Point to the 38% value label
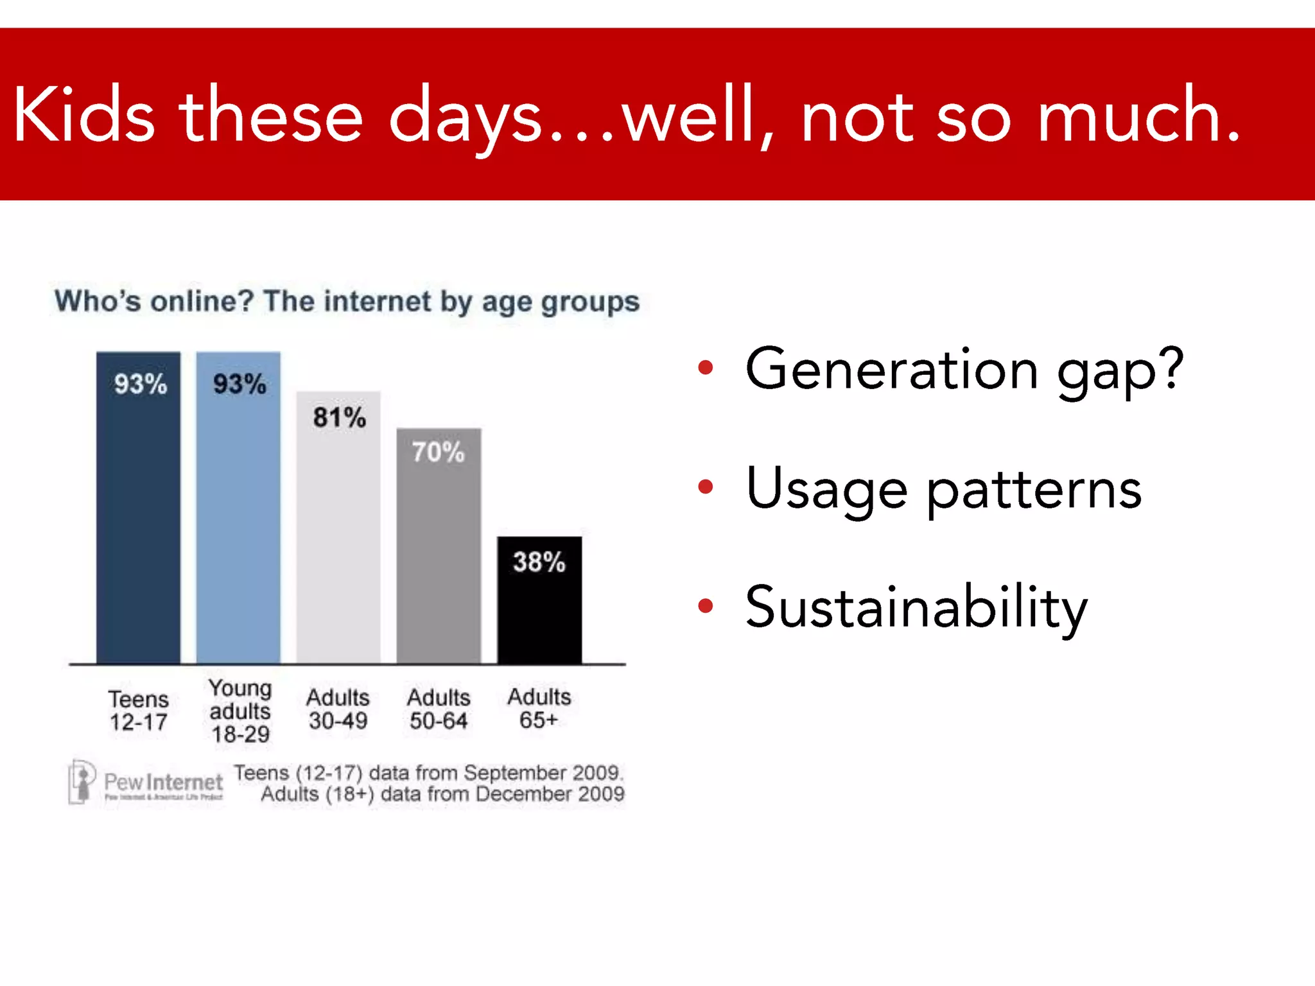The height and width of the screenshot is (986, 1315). tap(539, 562)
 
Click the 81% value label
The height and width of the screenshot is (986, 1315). tap(339, 418)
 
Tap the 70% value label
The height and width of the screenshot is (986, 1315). tap(438, 453)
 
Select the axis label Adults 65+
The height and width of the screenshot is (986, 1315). tap(539, 709)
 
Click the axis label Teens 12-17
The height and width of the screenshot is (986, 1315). tap(138, 711)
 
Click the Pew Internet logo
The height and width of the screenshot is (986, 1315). tap(146, 783)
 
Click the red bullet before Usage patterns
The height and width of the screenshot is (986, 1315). tap(706, 487)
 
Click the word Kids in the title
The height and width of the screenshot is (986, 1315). tap(83, 116)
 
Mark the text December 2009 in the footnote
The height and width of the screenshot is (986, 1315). tap(550, 795)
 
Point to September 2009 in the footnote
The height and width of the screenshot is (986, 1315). tap(543, 773)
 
